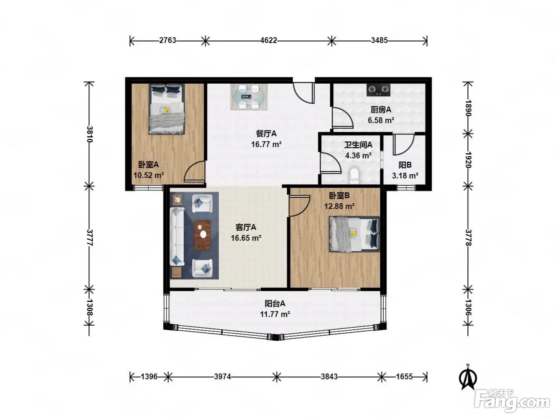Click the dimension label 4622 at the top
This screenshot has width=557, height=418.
[269, 41]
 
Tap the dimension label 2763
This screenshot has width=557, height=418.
[168, 41]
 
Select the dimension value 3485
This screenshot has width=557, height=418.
[379, 41]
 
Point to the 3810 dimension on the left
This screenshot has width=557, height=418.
[89, 134]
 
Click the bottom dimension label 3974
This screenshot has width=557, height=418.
[222, 376]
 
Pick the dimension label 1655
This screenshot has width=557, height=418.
[404, 376]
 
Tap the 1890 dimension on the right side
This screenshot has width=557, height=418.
[468, 108]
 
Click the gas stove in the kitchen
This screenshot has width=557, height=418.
[378, 90]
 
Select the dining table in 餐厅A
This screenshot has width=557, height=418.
[249, 97]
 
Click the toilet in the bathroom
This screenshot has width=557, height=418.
[354, 176]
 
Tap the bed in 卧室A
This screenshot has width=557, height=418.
[166, 109]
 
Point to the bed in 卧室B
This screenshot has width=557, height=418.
[354, 234]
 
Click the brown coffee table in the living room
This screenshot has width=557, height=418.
[202, 235]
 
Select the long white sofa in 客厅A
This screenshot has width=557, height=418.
[177, 237]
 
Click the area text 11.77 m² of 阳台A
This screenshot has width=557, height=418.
[275, 314]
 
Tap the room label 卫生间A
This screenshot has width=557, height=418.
[358, 145]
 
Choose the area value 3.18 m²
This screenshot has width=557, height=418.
[405, 176]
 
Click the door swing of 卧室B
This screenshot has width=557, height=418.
[300, 206]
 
